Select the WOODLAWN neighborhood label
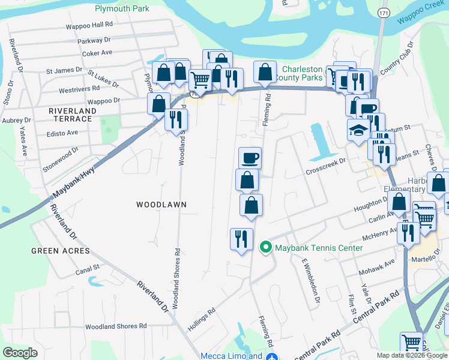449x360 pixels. (161, 205)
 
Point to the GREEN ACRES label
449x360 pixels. (61, 251)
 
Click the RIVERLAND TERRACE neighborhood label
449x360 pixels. (73, 115)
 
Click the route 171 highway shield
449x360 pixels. (383, 12)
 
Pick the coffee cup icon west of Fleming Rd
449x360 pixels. (250, 158)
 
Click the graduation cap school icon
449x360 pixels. (358, 130)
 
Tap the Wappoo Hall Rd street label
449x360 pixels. (89, 25)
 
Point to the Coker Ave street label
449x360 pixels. (97, 53)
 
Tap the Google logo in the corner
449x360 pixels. (20, 353)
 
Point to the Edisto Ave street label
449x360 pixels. (63, 133)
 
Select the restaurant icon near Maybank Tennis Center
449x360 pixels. (241, 239)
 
